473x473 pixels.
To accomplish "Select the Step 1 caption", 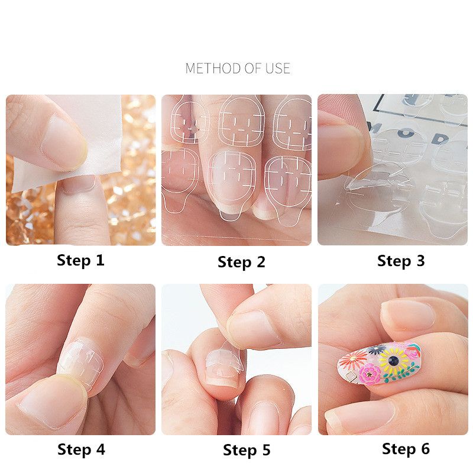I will coord(80,260).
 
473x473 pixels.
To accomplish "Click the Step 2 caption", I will coord(241,262).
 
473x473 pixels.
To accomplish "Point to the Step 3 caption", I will coord(401,261).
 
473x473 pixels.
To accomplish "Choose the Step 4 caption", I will coord(81,449).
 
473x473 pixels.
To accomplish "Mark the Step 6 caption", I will coord(406,449).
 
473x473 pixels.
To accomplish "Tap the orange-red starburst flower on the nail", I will coord(354,359).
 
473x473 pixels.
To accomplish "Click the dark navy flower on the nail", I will coord(377,349).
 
